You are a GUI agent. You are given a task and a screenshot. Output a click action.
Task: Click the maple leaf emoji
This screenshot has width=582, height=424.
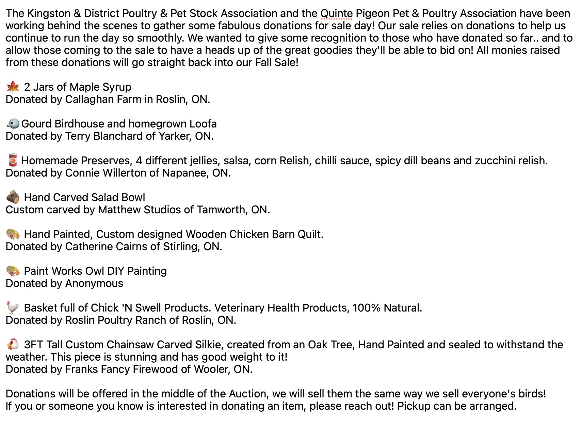13,87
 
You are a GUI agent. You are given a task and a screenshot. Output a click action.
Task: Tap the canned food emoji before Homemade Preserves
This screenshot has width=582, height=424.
12,160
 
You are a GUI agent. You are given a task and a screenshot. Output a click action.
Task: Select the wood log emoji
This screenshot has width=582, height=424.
13,197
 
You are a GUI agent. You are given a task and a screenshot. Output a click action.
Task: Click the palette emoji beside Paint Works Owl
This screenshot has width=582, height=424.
13,271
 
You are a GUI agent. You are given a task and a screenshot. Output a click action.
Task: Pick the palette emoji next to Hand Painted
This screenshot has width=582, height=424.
13,234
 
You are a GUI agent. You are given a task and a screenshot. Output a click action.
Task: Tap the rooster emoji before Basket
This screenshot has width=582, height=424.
13,308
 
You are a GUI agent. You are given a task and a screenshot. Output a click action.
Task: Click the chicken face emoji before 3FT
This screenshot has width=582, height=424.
13,344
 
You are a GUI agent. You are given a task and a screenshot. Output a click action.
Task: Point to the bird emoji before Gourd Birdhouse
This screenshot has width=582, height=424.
13,123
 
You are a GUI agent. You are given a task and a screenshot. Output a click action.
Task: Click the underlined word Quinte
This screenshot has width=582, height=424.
336,14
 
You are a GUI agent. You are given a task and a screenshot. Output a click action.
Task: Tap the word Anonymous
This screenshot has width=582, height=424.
94,283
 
